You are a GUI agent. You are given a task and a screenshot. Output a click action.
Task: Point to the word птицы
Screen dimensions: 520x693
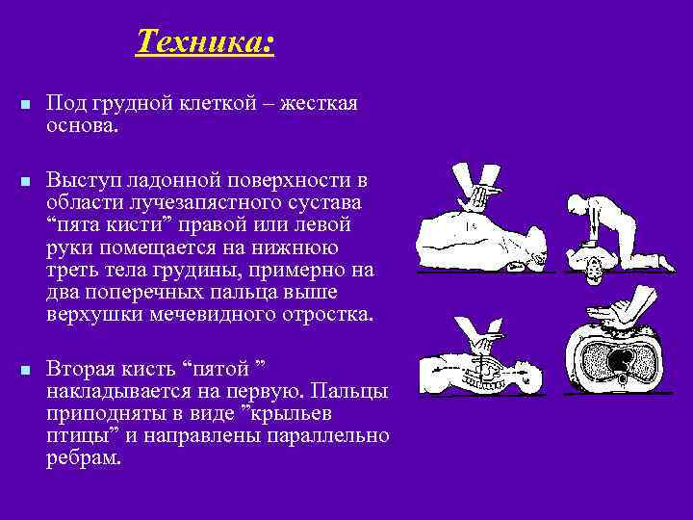(x=75, y=435)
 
